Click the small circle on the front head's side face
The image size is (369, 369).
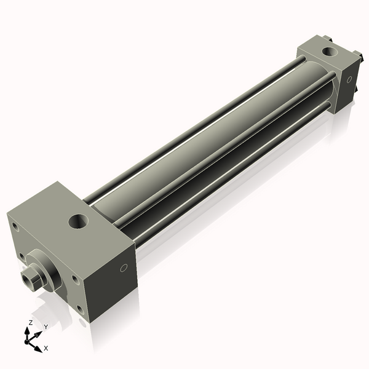(x=124, y=268)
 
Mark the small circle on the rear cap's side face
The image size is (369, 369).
(x=349, y=79)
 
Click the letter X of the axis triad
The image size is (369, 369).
(x=46, y=348)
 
